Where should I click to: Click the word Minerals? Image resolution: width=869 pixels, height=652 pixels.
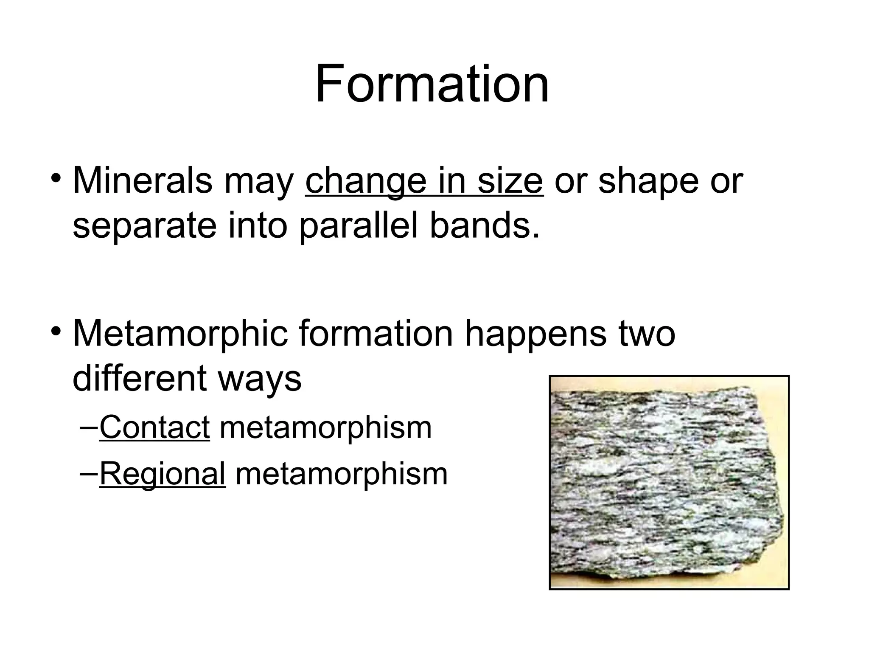pos(143,181)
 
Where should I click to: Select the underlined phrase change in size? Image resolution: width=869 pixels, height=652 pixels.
pos(424,181)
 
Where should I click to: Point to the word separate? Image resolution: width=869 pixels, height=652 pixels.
pos(144,226)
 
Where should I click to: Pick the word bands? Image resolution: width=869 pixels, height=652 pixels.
pos(485,226)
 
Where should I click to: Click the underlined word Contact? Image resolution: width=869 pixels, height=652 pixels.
pos(154,427)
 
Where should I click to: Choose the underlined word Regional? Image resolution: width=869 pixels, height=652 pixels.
pos(162,474)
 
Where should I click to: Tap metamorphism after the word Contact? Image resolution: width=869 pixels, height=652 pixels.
pos(325,427)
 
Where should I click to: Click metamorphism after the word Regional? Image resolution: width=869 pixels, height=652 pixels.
pos(342,474)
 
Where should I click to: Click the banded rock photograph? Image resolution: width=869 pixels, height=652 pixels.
pos(669,483)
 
